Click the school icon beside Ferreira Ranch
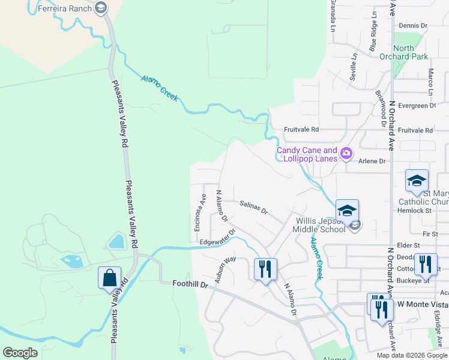coord(100,8)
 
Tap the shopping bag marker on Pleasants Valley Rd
coord(109,278)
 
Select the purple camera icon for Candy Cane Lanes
coord(346,154)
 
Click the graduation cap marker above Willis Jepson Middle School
coord(347,211)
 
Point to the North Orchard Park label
coord(412,53)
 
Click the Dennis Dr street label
coord(412,26)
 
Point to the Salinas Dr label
coord(253,208)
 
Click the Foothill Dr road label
coord(189,284)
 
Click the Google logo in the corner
coord(20,352)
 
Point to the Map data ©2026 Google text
coord(411,355)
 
